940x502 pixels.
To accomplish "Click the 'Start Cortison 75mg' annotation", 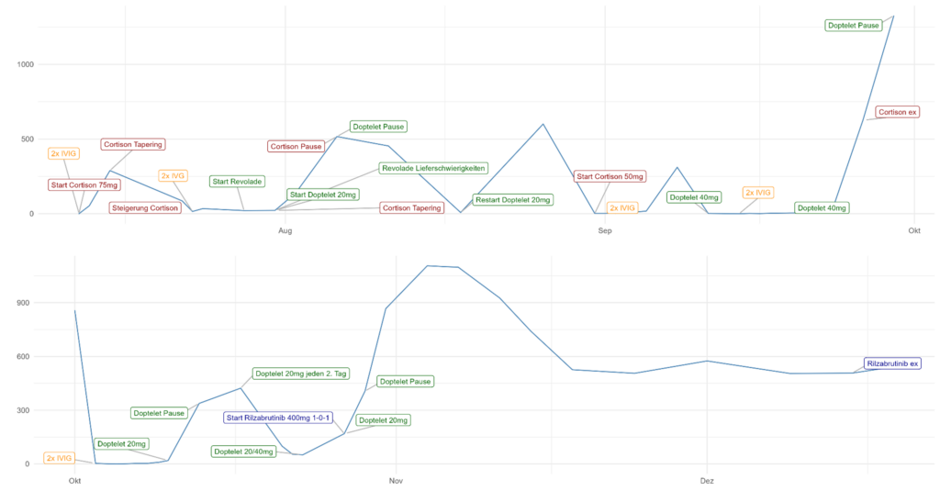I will [x=84, y=185].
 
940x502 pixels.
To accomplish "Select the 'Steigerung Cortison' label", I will [x=145, y=208].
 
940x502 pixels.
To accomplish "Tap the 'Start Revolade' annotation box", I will [x=237, y=182].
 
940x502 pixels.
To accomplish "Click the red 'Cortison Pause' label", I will [x=297, y=146].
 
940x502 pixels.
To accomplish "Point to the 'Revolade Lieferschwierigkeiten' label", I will [x=433, y=168].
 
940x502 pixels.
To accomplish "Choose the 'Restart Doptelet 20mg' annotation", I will [x=513, y=200].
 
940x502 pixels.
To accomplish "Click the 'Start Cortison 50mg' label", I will [x=610, y=176].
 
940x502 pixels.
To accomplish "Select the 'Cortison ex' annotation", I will [x=898, y=112].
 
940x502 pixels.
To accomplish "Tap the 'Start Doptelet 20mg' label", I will [x=323, y=195].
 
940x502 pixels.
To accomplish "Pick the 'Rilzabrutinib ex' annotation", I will [x=893, y=363].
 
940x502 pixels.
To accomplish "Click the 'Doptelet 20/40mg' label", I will [x=243, y=452].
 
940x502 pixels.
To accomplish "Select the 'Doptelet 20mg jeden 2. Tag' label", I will [x=301, y=374].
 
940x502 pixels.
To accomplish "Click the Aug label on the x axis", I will [x=285, y=230].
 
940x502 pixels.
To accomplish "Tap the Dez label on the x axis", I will [x=707, y=481].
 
